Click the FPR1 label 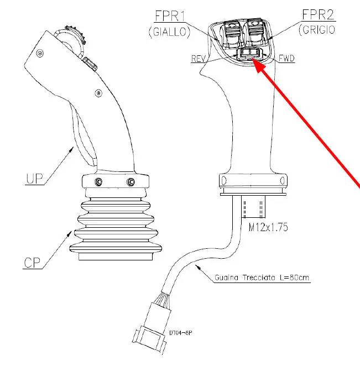[170, 17]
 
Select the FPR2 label [318, 15]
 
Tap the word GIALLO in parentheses [170, 32]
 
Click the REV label [198, 59]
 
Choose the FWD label [286, 58]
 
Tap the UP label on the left [34, 179]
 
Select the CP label [32, 263]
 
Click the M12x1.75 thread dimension [268, 227]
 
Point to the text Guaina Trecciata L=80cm [262, 278]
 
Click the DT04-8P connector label [180, 333]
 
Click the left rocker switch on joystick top [232, 34]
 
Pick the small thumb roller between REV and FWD [249, 54]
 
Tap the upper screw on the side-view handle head [40, 54]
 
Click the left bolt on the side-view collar [98, 181]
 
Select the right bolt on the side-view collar [131, 181]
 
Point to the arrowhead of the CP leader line [69, 233]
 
